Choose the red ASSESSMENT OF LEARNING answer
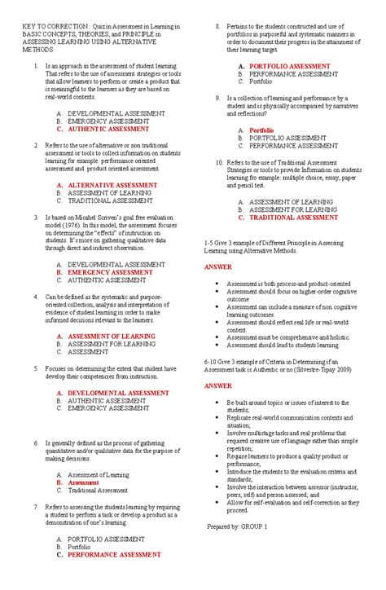point(106,336)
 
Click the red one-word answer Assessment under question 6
point(84,482)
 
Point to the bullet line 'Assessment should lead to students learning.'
point(283,345)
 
